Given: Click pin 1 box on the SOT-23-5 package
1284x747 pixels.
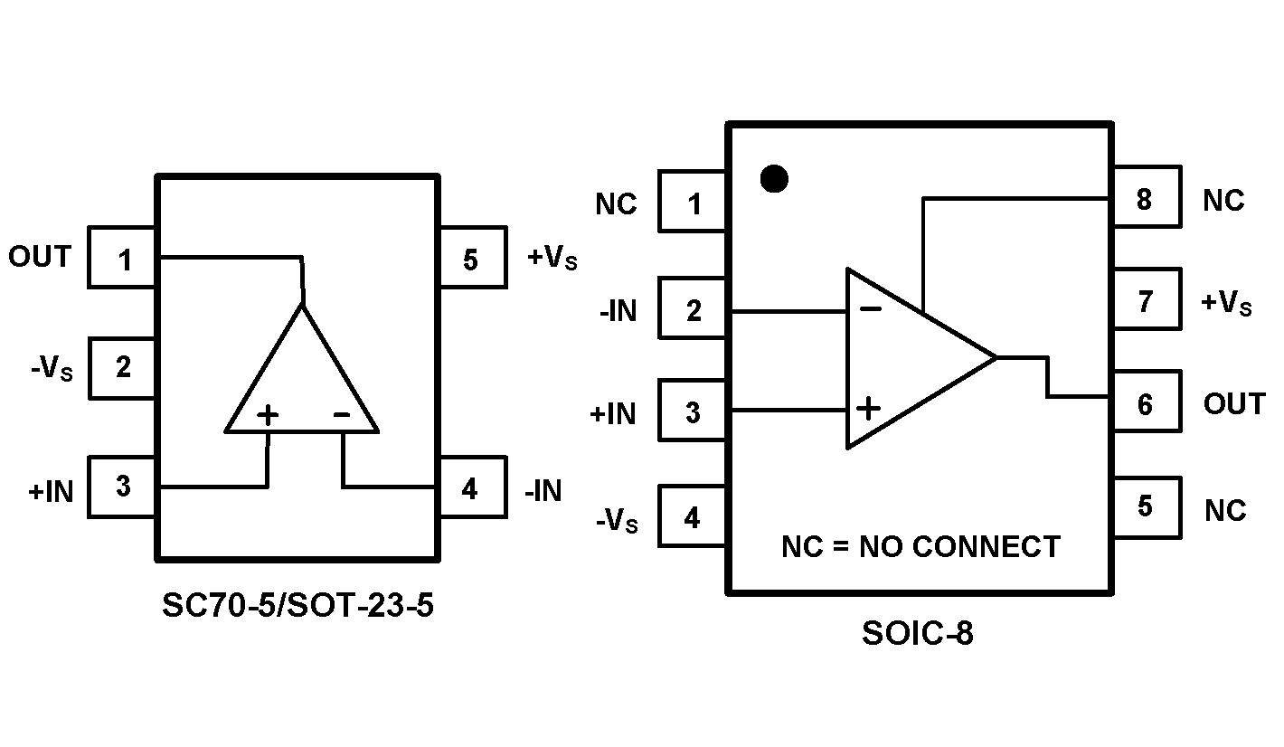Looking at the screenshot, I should coord(123,260).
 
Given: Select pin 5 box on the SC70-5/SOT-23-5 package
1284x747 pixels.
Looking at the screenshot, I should coord(472,260).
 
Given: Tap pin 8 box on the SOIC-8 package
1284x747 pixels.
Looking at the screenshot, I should coord(1146,197).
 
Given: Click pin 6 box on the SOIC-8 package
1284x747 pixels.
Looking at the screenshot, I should coord(1146,403).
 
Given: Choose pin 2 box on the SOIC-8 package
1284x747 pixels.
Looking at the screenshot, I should coord(693,310).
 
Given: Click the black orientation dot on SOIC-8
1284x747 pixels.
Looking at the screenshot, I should coord(774,179).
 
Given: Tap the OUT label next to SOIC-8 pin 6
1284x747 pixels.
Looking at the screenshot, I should coord(1233,403).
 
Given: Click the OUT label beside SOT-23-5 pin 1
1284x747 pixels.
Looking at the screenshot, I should coord(39,257).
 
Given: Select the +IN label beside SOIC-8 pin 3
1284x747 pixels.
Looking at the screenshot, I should coord(612,414).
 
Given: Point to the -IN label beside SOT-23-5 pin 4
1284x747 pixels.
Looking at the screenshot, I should coord(543,491).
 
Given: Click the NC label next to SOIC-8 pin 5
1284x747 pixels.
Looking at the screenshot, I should coord(1225,510).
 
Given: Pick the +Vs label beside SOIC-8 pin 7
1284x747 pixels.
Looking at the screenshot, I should coord(1226,303).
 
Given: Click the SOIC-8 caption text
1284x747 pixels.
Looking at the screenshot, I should coord(917,634).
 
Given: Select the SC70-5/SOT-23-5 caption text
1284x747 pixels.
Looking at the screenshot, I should coord(297,605).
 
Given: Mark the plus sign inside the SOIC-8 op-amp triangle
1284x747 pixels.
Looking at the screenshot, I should coord(868,408).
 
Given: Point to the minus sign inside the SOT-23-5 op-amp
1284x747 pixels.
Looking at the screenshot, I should coord(341,414).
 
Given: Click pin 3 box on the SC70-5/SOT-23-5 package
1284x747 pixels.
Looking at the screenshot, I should coord(123,487).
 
